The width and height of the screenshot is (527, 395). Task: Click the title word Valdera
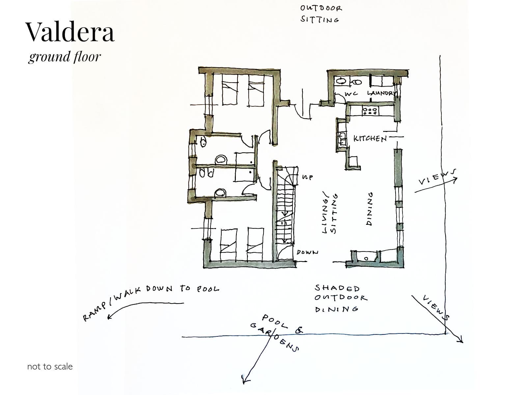tap(70, 32)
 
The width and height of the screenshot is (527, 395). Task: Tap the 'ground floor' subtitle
tap(65, 57)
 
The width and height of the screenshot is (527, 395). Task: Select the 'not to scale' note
tap(50, 366)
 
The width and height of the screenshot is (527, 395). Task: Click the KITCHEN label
tap(370, 138)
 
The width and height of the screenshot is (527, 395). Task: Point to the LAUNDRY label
tap(382, 93)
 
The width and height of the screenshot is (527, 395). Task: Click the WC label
tap(351, 94)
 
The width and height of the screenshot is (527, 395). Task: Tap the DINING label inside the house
tap(370, 209)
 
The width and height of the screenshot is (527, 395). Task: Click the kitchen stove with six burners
tap(370, 111)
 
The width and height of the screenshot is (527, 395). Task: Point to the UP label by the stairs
tap(307, 177)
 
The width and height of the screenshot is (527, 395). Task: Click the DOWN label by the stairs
tap(307, 252)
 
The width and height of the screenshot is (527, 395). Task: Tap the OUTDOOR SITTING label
tap(321, 14)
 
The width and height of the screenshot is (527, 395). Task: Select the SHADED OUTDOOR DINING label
tap(341, 299)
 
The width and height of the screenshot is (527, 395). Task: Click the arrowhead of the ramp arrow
tap(109, 317)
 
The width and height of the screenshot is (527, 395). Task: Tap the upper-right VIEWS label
tap(437, 177)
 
